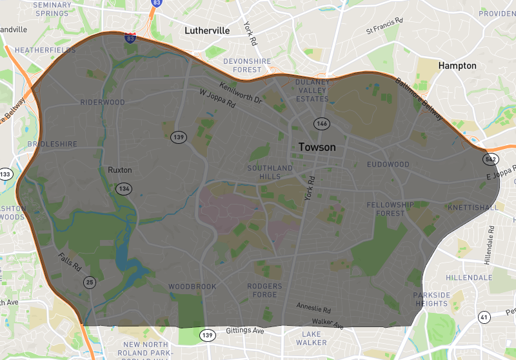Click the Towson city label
pos(317,147)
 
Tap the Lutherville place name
pos(211,30)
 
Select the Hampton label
pos(457,66)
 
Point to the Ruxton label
pos(120,170)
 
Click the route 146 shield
pos(321,123)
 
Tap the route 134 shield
pos(123,188)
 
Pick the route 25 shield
pos(90,282)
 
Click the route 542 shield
pos(491,159)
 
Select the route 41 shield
pos(484,317)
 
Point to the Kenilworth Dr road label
pos(241,92)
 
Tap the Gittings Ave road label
pos(245,331)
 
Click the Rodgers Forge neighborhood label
pos(264,290)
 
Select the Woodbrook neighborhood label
pos(192,286)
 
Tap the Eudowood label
pos(388,165)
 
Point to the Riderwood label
pos(103,102)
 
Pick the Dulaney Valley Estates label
pos(312,90)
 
